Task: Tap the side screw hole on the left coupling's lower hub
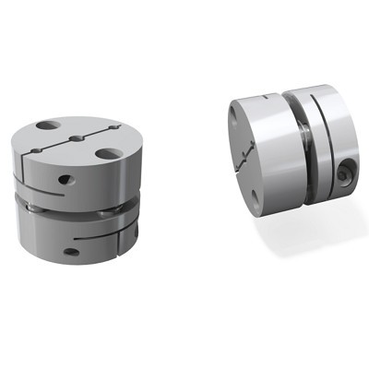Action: coord(68,247)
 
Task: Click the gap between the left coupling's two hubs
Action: coord(74,208)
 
